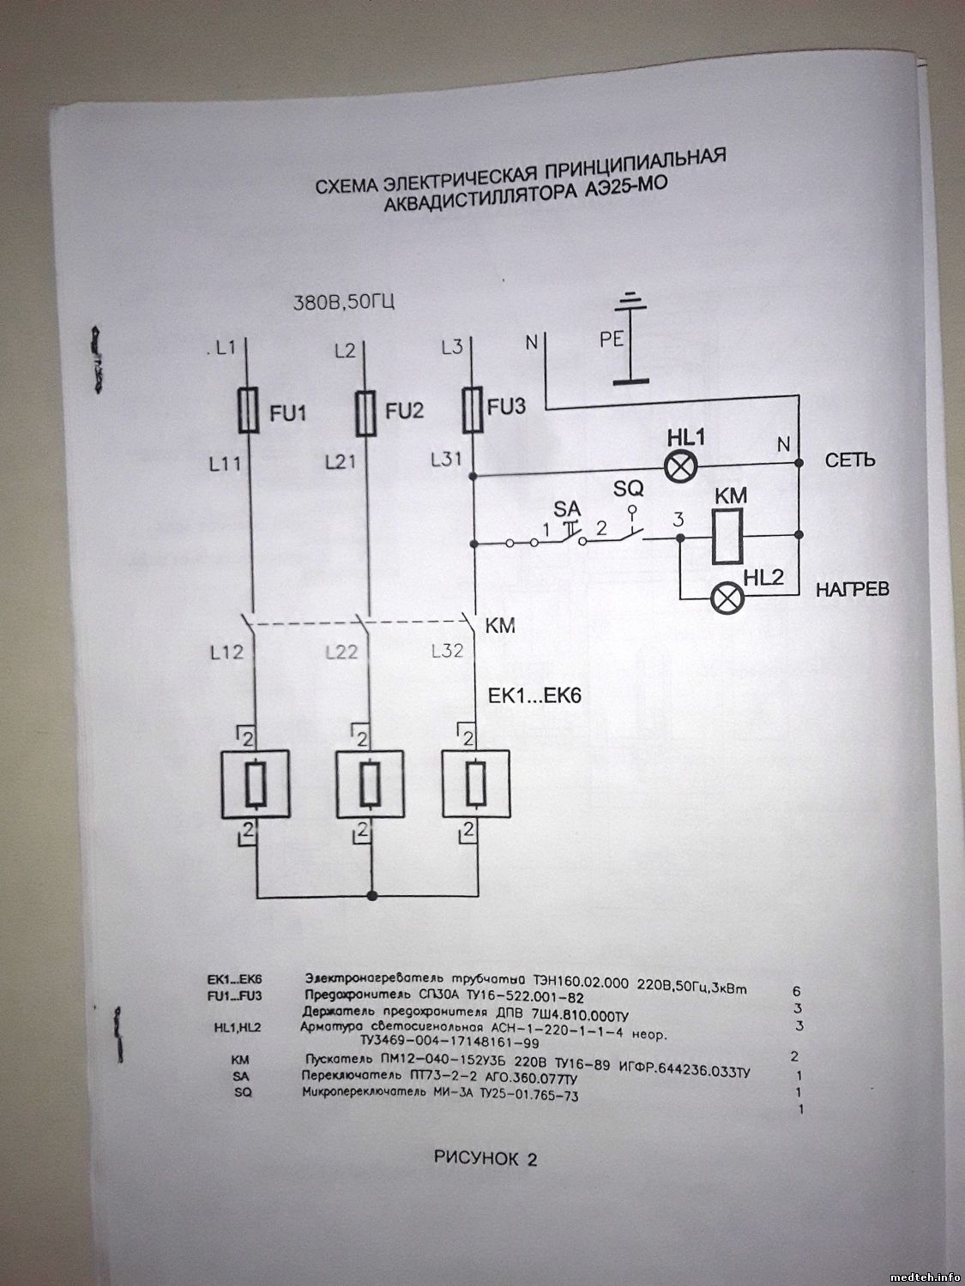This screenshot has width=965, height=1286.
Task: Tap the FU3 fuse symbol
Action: (x=472, y=409)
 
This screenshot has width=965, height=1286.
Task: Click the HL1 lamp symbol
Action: (x=683, y=466)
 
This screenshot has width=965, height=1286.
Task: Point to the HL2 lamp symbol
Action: (x=727, y=598)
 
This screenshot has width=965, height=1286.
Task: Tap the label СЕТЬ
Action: (x=850, y=461)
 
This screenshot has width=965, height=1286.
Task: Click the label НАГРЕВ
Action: (x=851, y=590)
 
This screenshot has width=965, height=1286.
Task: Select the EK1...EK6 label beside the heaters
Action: (x=534, y=695)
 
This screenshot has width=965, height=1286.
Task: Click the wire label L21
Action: (x=342, y=462)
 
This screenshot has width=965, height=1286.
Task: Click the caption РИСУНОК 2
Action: (x=486, y=1160)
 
